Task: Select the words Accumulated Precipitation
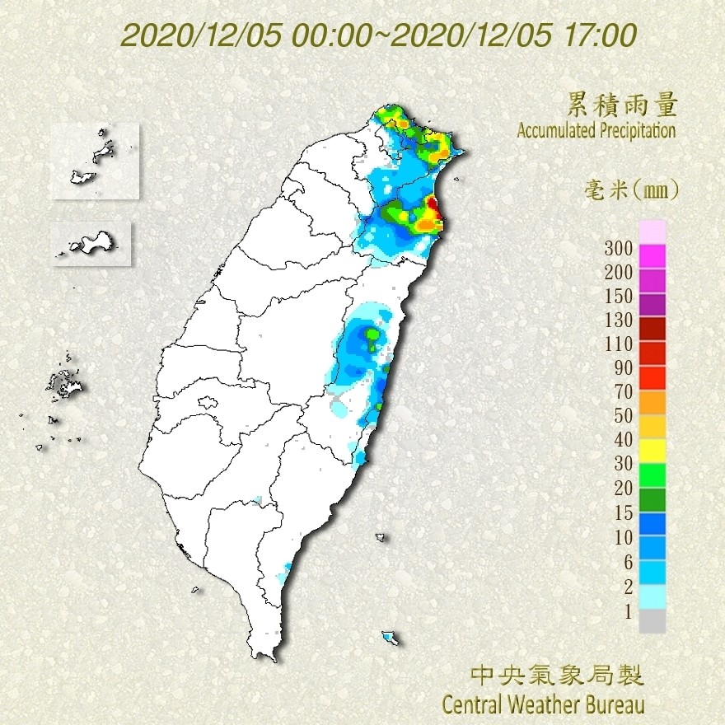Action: [x=596, y=130]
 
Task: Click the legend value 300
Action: [x=617, y=248]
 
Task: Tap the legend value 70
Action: [x=620, y=391]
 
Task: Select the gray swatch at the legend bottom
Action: [x=652, y=621]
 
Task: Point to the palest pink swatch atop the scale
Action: [x=652, y=232]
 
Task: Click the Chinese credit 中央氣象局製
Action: [x=556, y=676]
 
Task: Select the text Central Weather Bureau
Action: [x=543, y=705]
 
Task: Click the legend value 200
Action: [x=617, y=272]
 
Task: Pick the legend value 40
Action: [x=620, y=440]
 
